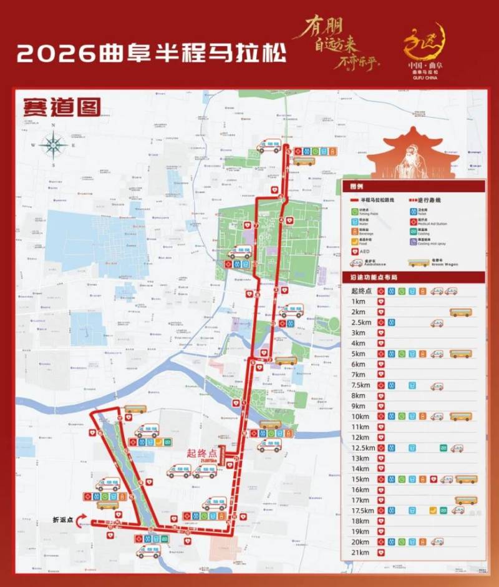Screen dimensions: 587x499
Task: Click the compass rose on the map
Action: coord(54,145)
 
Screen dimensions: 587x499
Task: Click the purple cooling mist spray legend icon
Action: coord(412,240)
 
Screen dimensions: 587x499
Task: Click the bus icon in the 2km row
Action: coord(460,312)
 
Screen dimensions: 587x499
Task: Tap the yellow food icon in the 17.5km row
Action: coord(433,511)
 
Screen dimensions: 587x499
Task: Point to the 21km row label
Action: coord(359,553)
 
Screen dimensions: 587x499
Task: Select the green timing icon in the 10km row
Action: coord(402,417)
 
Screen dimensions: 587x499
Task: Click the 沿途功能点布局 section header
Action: coord(374,277)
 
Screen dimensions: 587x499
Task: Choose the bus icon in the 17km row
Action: coord(465,500)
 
